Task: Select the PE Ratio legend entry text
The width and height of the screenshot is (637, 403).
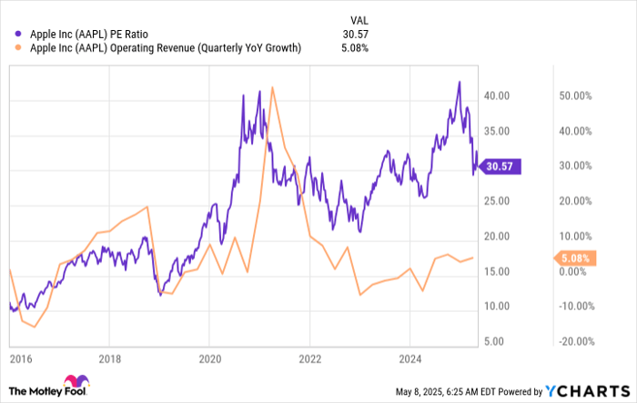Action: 89,35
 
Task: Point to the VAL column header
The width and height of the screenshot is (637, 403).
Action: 359,19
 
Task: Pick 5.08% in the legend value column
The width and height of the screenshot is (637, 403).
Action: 353,48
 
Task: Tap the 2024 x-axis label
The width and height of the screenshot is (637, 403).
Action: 411,358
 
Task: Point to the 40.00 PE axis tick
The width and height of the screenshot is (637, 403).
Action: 496,96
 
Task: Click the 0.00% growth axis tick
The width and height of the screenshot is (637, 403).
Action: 573,271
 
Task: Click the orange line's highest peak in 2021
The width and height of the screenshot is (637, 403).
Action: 274,87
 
